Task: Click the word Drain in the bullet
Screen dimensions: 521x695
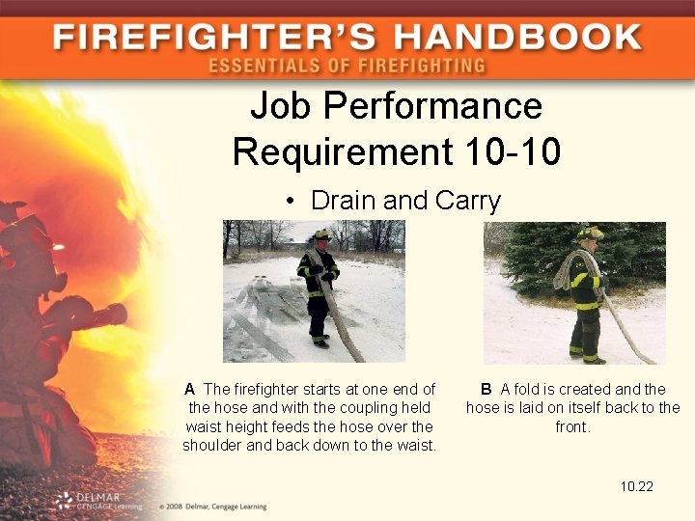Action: [344, 201]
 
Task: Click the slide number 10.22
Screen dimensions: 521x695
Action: [637, 485]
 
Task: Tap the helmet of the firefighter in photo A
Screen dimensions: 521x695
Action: [320, 234]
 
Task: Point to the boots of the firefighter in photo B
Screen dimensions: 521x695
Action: [587, 358]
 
